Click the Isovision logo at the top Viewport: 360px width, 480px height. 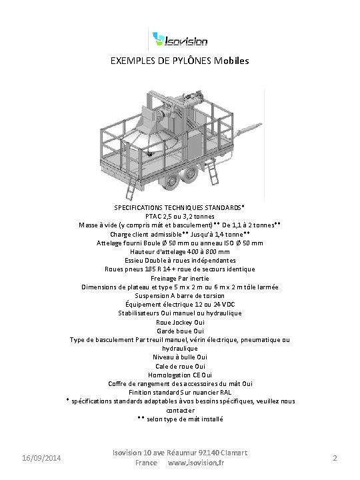point(179,38)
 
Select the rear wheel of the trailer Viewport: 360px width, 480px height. point(189,175)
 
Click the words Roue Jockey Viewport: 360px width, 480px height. point(170,322)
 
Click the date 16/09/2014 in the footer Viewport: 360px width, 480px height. point(41,458)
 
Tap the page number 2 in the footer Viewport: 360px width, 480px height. point(335,458)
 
